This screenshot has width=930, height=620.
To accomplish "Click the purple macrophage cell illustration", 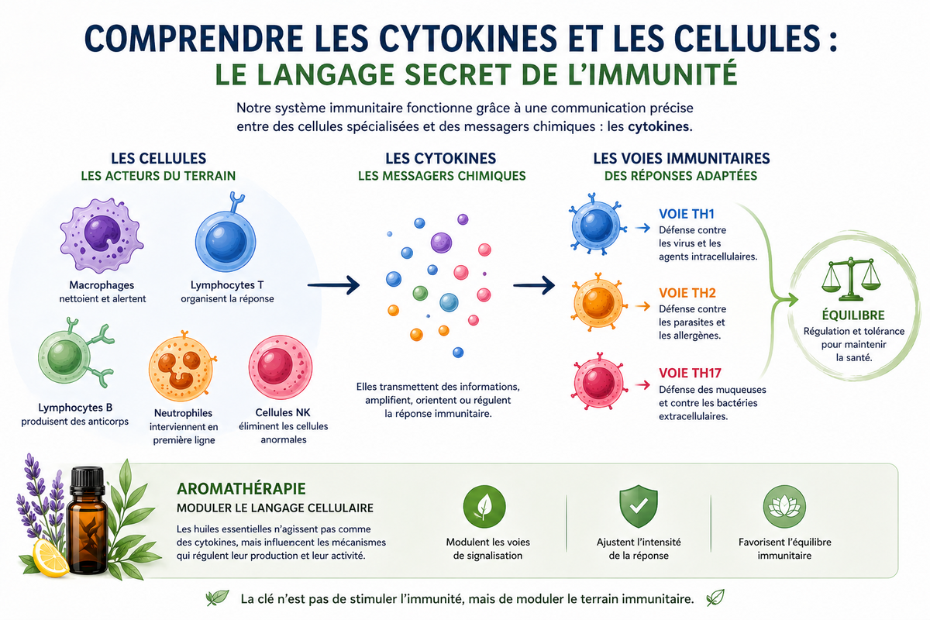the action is [102, 236].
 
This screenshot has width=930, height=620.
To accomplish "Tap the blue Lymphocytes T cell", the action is [226, 239].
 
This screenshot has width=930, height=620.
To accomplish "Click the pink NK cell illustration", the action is [281, 367].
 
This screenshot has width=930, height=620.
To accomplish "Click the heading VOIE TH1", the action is [687, 214].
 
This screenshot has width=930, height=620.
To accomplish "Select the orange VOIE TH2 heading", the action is [687, 293].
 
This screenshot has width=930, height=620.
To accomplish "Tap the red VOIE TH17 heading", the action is [690, 373].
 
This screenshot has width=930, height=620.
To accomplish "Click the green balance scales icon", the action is [851, 279].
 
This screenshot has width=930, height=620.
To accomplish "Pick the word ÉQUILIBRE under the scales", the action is [853, 315].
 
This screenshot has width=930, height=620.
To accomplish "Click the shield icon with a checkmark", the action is [639, 506].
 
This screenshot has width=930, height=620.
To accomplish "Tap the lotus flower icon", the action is [784, 507].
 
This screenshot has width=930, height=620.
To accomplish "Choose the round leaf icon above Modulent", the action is [484, 507].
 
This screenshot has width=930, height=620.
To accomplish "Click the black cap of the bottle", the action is [87, 480].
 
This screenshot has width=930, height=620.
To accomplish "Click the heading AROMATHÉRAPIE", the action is [241, 489].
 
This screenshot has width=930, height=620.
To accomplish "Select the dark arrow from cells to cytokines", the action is [333, 285].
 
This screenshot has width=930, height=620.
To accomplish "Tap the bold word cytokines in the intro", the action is [660, 126].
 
